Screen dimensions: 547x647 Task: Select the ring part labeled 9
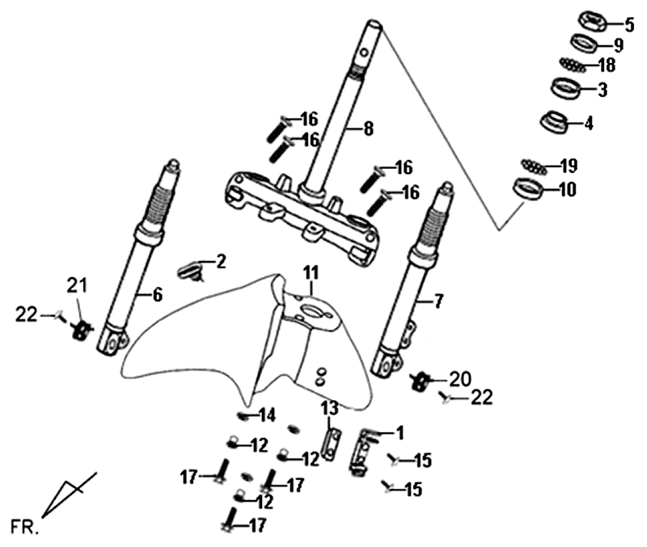coord(584,42)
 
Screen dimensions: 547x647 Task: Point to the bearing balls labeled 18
coord(575,64)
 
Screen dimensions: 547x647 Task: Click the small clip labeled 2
coord(192,270)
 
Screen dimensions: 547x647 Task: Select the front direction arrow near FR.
coord(67,494)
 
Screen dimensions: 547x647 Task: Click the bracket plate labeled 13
coord(329,441)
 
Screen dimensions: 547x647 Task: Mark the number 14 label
coord(267,415)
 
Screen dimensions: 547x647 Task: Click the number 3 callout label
coord(603,90)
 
